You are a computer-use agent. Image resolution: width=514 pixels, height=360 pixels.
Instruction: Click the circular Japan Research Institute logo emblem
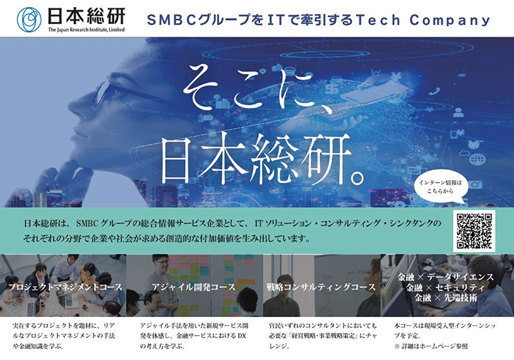click(x=29, y=20)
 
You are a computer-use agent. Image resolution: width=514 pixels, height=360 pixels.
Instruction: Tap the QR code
click(x=474, y=231)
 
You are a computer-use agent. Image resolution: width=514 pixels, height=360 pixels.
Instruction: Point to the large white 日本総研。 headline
click(x=262, y=159)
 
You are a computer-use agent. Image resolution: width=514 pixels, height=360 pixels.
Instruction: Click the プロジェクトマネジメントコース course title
click(x=65, y=287)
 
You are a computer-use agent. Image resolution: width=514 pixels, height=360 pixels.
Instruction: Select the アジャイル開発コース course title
click(x=193, y=287)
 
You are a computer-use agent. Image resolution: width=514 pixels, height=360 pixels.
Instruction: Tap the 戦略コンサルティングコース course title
click(x=321, y=287)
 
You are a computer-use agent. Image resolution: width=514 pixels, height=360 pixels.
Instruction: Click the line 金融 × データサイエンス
click(x=445, y=277)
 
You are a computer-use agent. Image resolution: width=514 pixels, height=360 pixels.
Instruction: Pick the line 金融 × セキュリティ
click(x=445, y=287)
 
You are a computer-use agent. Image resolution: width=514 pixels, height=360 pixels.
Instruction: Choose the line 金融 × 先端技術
click(x=445, y=298)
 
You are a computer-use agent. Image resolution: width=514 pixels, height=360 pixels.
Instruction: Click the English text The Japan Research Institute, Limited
click(x=87, y=30)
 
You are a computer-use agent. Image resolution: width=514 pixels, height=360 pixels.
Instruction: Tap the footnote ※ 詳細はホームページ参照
click(x=431, y=346)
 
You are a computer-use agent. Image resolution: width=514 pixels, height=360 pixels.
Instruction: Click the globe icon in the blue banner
click(x=477, y=159)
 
